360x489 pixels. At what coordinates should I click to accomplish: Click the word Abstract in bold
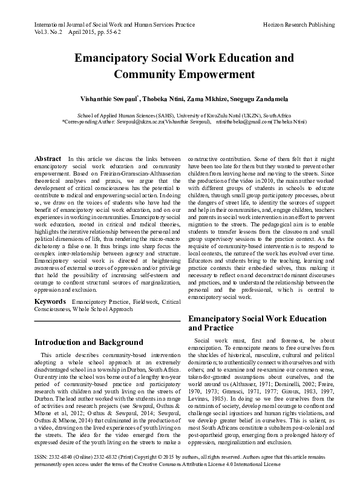(48, 158)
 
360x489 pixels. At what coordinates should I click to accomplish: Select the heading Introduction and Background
(89, 342)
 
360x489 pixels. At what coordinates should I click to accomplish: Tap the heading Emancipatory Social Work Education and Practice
(257, 322)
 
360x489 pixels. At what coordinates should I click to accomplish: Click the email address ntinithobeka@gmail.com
(244, 122)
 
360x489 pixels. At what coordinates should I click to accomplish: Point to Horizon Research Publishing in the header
(299, 25)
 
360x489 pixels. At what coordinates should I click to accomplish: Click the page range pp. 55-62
(105, 32)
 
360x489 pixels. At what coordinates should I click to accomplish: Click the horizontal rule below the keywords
(107, 321)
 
